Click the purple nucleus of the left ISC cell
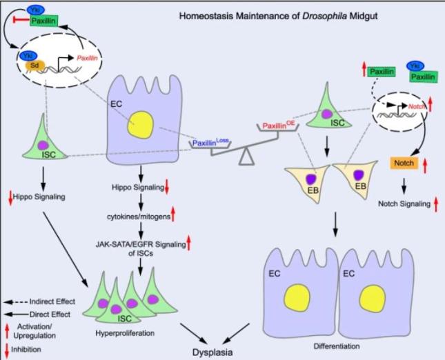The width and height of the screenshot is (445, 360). coord(43,147)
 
